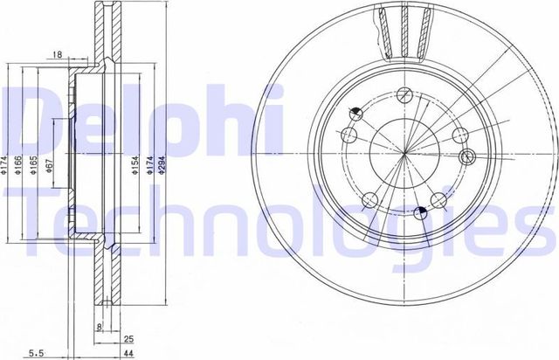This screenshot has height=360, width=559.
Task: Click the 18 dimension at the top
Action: pyautogui.click(x=57, y=54)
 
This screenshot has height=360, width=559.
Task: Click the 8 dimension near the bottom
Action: pyautogui.click(x=100, y=329)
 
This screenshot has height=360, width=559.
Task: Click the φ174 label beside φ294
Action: pyautogui.click(x=151, y=167)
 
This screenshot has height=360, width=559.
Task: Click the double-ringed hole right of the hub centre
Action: pyautogui.click(x=466, y=157)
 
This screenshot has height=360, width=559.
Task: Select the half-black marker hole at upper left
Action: pyautogui.click(x=355, y=113)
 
